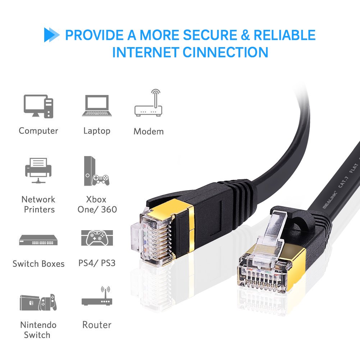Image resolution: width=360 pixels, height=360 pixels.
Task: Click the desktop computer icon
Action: tap(38, 106)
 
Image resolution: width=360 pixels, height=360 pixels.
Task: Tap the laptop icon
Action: tap(97, 106)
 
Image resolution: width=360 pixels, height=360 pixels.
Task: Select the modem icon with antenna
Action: tap(149, 104)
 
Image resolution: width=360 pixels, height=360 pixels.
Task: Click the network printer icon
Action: tap(38, 170)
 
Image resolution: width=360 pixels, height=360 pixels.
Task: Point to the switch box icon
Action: tap(38, 240)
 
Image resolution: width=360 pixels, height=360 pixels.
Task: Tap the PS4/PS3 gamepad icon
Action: tap(97, 238)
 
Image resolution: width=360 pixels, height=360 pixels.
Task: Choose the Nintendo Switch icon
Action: tap(38, 303)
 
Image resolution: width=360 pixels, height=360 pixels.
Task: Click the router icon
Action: tap(97, 297)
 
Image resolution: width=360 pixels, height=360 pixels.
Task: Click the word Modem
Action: tap(149, 131)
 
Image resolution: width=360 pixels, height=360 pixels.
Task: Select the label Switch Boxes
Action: tap(38, 264)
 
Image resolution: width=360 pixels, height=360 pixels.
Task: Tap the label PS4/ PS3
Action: tap(97, 263)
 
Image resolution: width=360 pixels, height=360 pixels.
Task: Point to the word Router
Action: tap(97, 325)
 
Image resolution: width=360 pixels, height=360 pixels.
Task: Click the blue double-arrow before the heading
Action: tap(51, 35)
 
